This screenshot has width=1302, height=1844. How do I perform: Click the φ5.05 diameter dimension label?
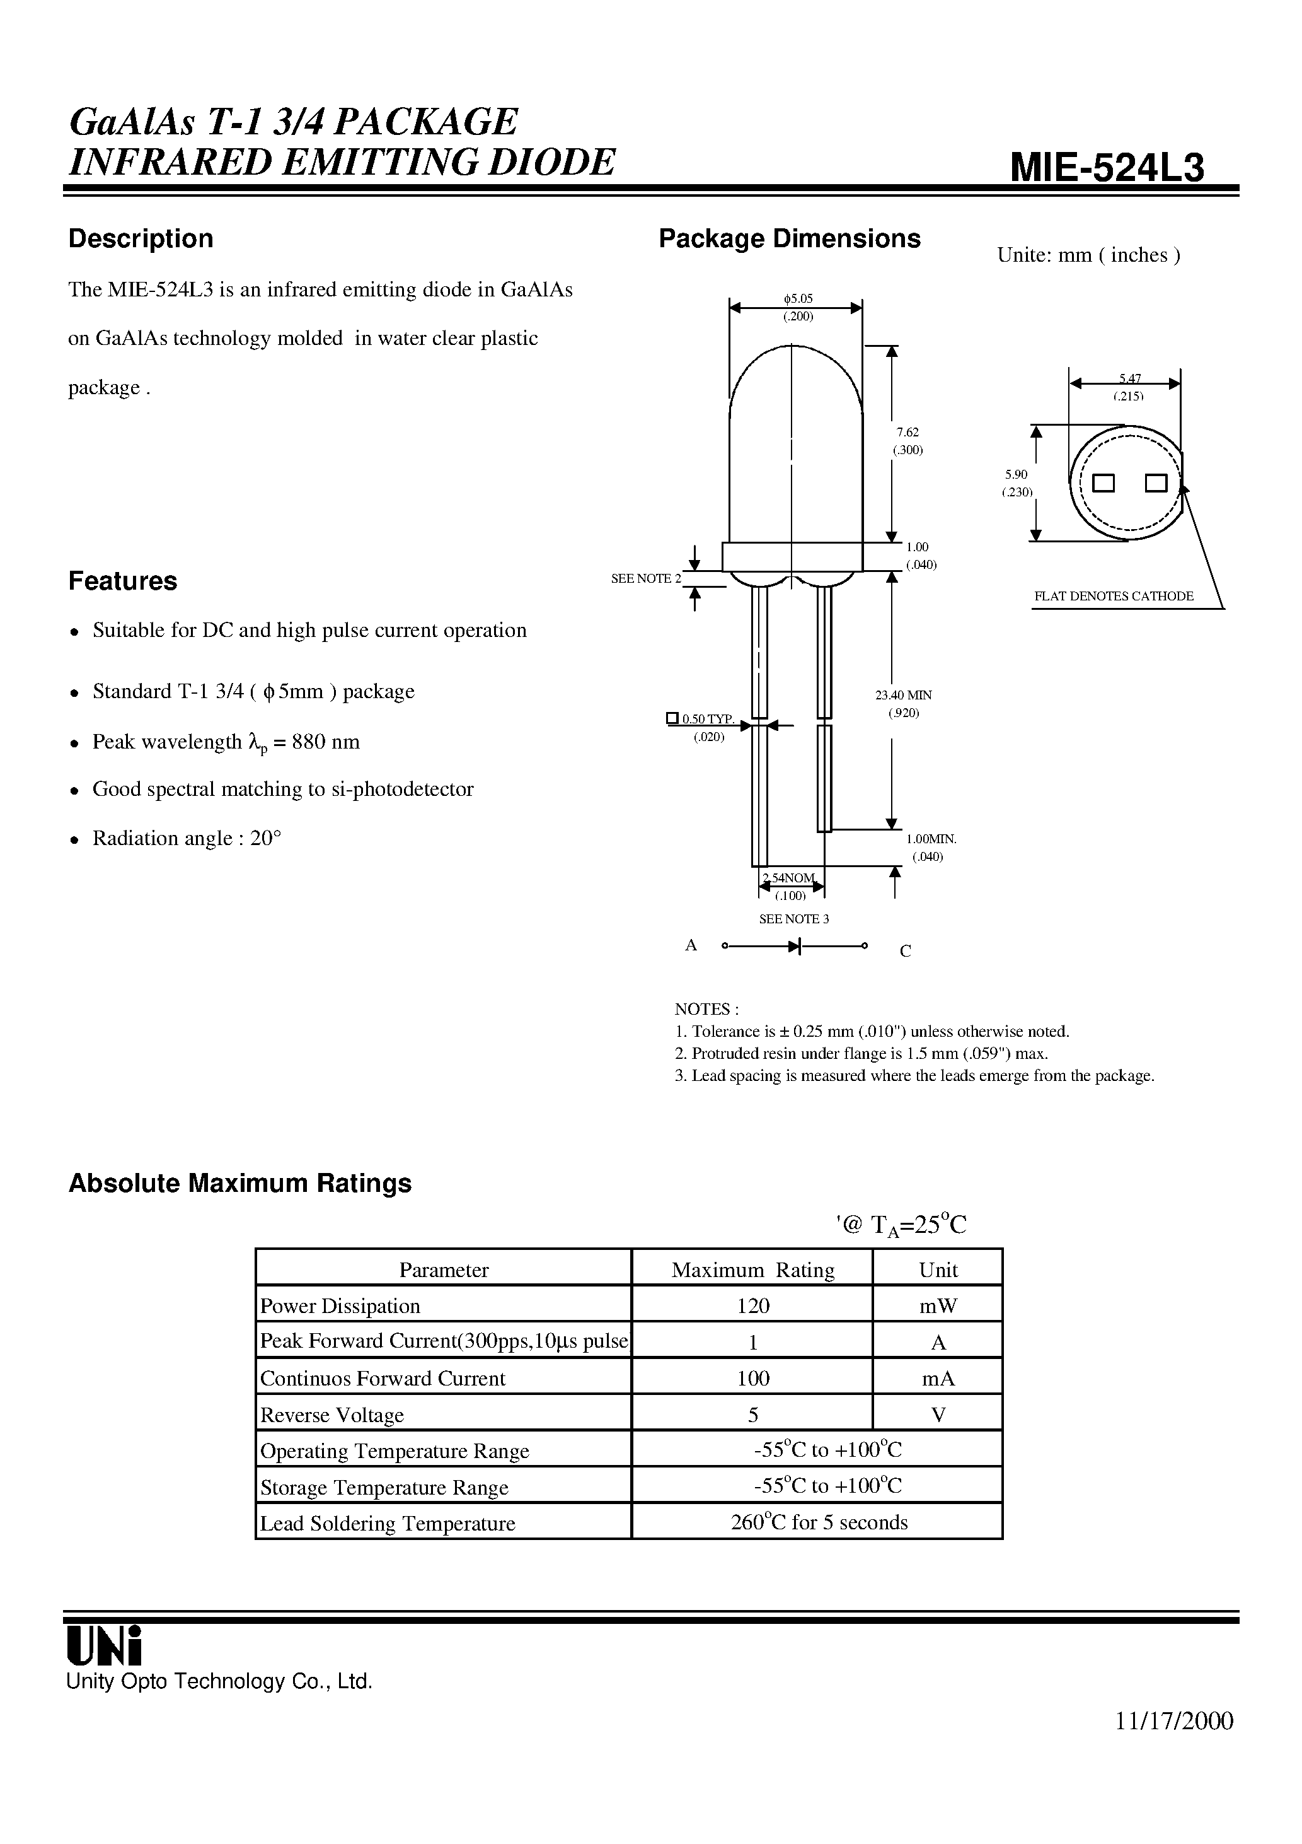pyautogui.click(x=798, y=299)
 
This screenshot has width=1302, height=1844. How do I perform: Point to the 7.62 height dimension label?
pyautogui.click(x=908, y=432)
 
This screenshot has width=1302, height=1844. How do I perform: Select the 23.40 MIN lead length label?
pyautogui.click(x=903, y=695)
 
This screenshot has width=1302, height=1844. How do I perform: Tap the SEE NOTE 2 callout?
pyautogui.click(x=646, y=578)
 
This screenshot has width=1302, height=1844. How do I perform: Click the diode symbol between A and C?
pyautogui.click(x=795, y=946)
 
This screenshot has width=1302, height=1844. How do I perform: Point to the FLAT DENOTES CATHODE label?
pyautogui.click(x=1114, y=596)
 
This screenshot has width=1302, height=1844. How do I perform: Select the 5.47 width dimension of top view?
pyautogui.click(x=1129, y=378)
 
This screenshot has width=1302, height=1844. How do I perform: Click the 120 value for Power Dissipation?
pyautogui.click(x=753, y=1306)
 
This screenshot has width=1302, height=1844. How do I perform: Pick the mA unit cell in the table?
pyautogui.click(x=938, y=1378)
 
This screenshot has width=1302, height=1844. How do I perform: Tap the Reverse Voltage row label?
pyautogui.click(x=331, y=1415)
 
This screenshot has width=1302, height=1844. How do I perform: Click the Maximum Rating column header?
pyautogui.click(x=753, y=1269)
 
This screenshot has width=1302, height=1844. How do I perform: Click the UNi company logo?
pyautogui.click(x=105, y=1647)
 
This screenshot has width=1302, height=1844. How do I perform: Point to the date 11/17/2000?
pyautogui.click(x=1173, y=1743)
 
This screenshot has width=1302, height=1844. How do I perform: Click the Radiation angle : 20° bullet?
pyautogui.click(x=187, y=839)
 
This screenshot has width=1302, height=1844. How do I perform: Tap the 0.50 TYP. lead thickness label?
pyautogui.click(x=707, y=719)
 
